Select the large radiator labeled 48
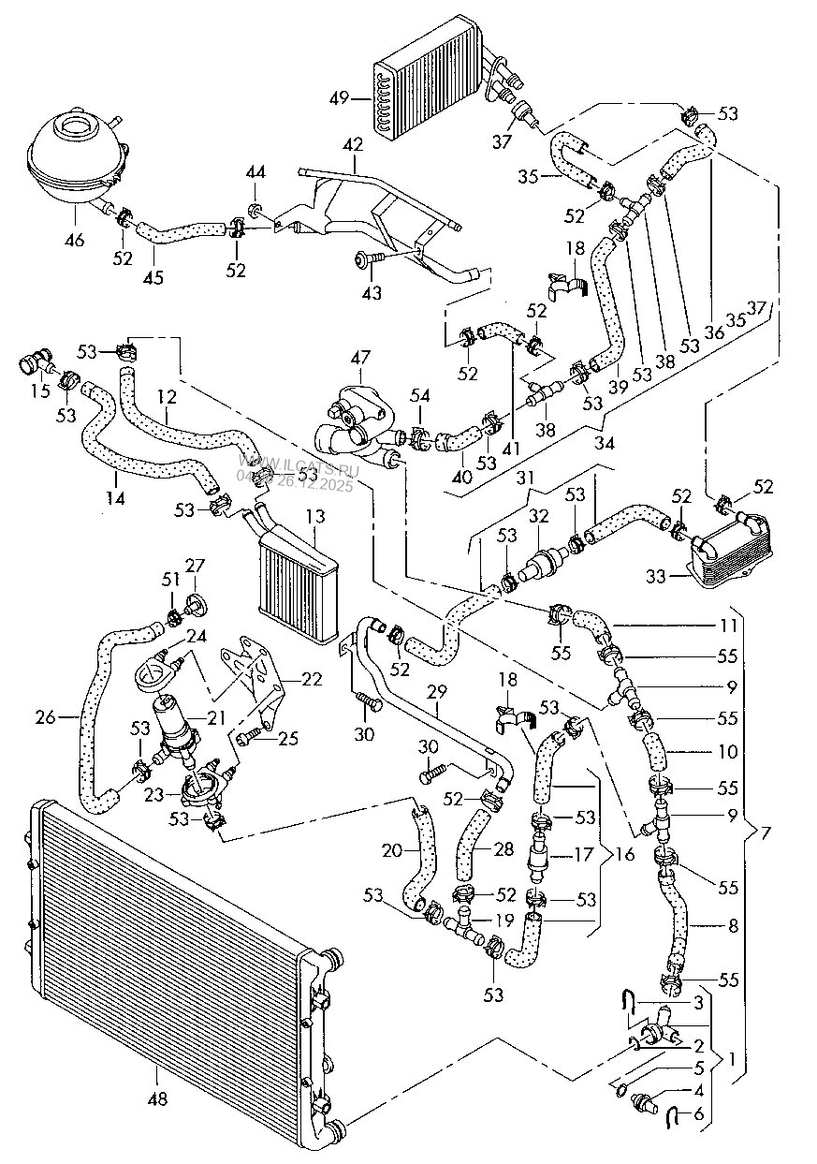click(x=168, y=946)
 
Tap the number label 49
click(x=339, y=97)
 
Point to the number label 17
click(x=584, y=854)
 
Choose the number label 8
click(x=733, y=926)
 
